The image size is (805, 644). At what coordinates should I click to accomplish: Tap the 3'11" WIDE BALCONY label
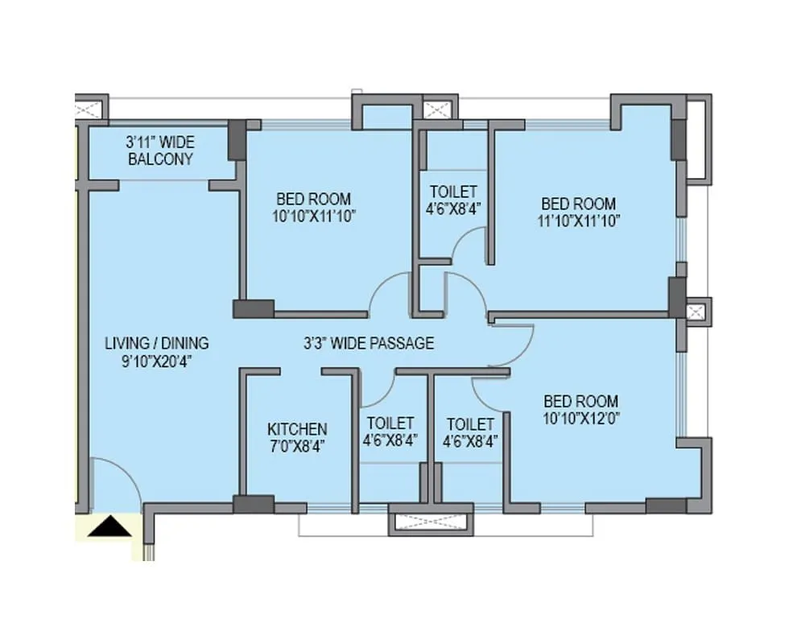point(160,151)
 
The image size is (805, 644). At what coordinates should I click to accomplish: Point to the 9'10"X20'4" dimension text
point(157,361)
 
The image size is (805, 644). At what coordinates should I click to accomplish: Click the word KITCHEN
point(297,429)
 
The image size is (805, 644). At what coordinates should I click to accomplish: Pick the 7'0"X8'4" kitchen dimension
point(297,446)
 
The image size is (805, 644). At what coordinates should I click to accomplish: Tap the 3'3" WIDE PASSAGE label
point(369,344)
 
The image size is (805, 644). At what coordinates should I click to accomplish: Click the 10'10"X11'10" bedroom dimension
point(314,216)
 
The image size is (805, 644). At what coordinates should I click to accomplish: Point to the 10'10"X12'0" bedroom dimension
point(581,418)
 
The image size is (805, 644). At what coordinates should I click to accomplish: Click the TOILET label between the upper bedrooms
point(453,192)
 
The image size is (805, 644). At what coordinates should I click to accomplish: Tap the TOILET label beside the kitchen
point(390,423)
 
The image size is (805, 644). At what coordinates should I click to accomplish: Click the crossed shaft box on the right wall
point(696,312)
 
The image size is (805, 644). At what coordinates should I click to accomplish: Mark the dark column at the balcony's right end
point(237,140)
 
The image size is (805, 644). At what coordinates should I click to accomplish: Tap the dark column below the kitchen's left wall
point(254,505)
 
